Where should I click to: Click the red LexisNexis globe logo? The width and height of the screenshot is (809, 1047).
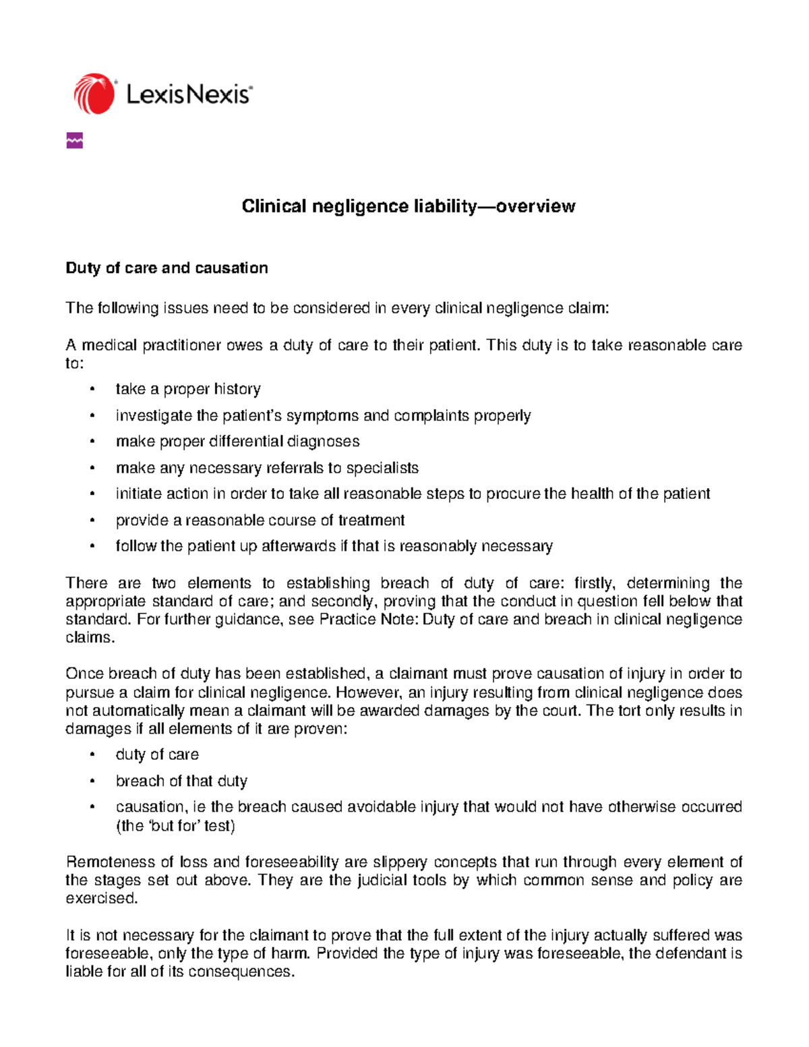(94, 94)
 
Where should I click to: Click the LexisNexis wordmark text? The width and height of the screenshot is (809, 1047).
(189, 94)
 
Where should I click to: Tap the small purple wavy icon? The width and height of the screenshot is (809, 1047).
(75, 141)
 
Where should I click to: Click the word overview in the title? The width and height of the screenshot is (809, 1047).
(535, 206)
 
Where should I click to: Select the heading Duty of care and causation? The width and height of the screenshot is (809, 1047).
(167, 268)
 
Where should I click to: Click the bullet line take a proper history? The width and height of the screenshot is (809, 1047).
(188, 389)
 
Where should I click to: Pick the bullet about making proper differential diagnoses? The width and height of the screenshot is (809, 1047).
(237, 442)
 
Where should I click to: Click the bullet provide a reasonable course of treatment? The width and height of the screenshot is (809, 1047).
(260, 520)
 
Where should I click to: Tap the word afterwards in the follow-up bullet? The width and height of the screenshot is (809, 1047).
(298, 546)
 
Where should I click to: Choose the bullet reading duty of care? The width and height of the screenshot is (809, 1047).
(157, 754)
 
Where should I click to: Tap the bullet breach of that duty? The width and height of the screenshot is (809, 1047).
(181, 781)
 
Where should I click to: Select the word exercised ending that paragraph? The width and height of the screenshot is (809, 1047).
(101, 899)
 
